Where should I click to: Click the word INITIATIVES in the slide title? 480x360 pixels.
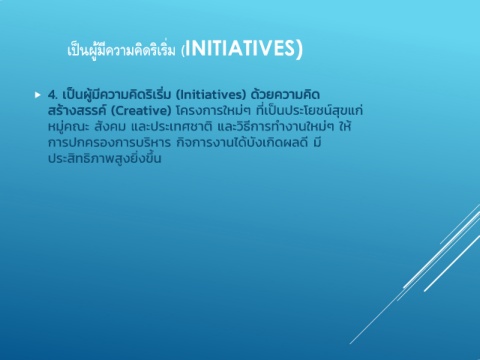click(x=240, y=48)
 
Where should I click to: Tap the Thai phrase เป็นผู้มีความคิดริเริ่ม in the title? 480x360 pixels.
click(x=121, y=50)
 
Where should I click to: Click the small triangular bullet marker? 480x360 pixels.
click(x=38, y=95)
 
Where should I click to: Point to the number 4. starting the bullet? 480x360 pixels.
click(x=53, y=95)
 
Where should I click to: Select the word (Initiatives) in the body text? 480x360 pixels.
click(x=211, y=95)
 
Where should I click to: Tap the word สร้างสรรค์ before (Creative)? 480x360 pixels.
click(x=77, y=109)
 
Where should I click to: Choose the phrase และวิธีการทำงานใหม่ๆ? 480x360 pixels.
click(x=276, y=127)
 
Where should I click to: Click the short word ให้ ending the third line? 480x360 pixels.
click(x=345, y=126)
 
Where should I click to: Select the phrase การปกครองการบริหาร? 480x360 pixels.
click(x=109, y=143)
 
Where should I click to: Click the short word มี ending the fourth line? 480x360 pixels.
click(x=317, y=142)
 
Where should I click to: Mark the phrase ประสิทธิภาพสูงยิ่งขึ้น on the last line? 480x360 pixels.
click(x=105, y=158)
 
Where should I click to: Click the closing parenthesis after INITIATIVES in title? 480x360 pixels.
click(x=299, y=49)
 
